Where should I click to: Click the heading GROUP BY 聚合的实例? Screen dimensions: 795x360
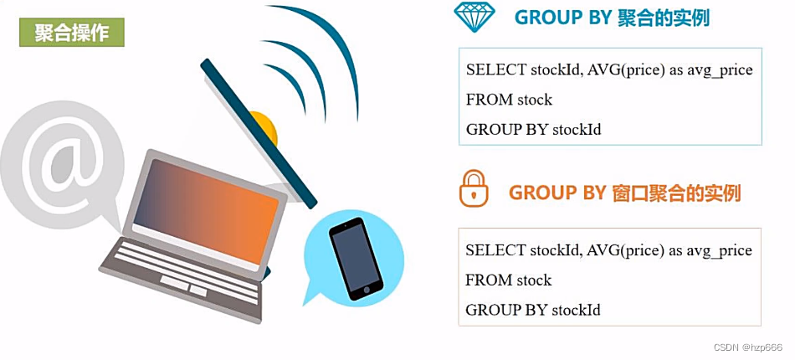pyautogui.click(x=612, y=18)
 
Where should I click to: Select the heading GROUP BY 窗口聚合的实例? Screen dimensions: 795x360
pyautogui.click(x=624, y=193)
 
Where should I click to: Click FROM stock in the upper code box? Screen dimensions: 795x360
pyautogui.click(x=509, y=100)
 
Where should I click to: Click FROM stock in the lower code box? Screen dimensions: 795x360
pyautogui.click(x=509, y=280)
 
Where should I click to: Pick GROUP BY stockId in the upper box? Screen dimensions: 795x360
pyautogui.click(x=533, y=129)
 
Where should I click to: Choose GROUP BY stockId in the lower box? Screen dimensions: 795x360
pyautogui.click(x=533, y=310)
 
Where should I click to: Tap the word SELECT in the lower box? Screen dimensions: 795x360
pyautogui.click(x=495, y=250)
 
